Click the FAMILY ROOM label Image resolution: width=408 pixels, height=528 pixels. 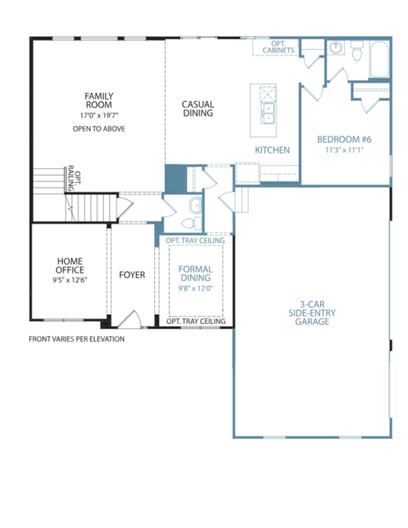[99, 100]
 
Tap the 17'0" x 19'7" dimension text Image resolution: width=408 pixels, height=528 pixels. [99, 116]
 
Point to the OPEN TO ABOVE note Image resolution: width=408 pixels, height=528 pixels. [99, 129]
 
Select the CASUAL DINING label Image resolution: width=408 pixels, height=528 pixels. [198, 109]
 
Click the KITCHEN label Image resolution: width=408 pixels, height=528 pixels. [273, 150]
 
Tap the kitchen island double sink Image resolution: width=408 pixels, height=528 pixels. [268, 113]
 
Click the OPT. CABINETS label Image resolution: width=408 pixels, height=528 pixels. [278, 47]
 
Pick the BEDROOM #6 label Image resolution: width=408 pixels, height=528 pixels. [344, 139]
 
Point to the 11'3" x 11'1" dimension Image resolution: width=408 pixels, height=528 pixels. [344, 150]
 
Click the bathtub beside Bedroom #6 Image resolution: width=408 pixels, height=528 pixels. [379, 60]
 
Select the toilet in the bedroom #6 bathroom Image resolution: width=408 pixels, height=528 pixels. [357, 51]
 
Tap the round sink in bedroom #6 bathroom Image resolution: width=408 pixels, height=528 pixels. [335, 47]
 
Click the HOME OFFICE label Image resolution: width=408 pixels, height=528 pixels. [69, 265]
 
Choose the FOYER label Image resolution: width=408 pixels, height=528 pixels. [132, 275]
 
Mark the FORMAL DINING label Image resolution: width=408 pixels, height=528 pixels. [196, 273]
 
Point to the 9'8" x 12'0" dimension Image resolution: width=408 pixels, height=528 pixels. [196, 288]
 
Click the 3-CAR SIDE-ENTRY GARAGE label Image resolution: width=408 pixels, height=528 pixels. [312, 313]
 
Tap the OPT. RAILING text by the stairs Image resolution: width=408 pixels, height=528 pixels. [74, 178]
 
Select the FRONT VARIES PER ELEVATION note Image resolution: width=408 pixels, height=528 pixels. [77, 339]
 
